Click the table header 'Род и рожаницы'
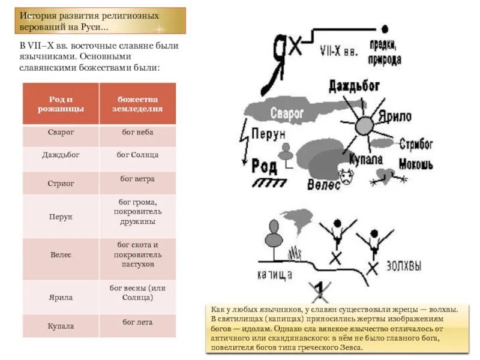pyautogui.click(x=61, y=104)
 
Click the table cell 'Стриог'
pyautogui.click(x=61, y=184)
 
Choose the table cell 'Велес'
pyautogui.click(x=61, y=254)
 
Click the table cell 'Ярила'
pyautogui.click(x=61, y=296)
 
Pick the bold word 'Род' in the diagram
pyautogui.click(x=264, y=165)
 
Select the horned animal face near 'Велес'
pyautogui.click(x=347, y=177)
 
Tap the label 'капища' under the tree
pyautogui.click(x=274, y=274)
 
